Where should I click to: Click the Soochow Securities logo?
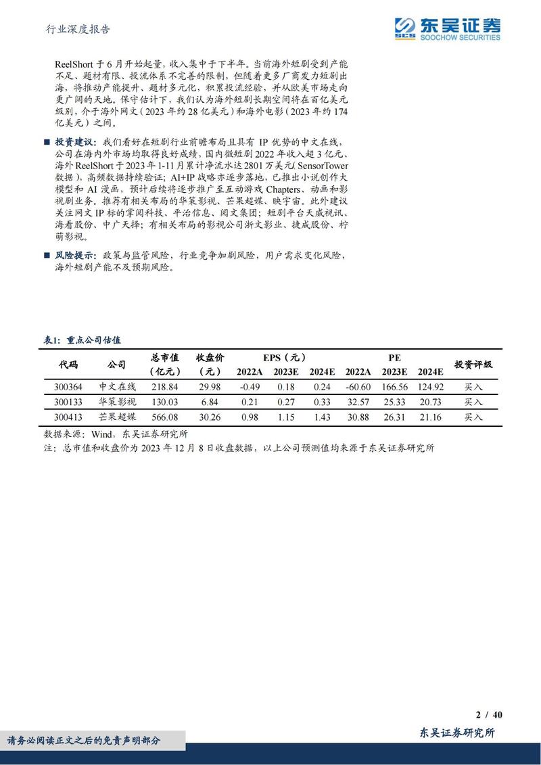click(x=448, y=28)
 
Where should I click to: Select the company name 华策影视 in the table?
click(x=117, y=402)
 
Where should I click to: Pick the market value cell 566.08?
click(x=165, y=417)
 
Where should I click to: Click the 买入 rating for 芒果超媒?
click(x=473, y=417)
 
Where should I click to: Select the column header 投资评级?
click(x=473, y=364)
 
